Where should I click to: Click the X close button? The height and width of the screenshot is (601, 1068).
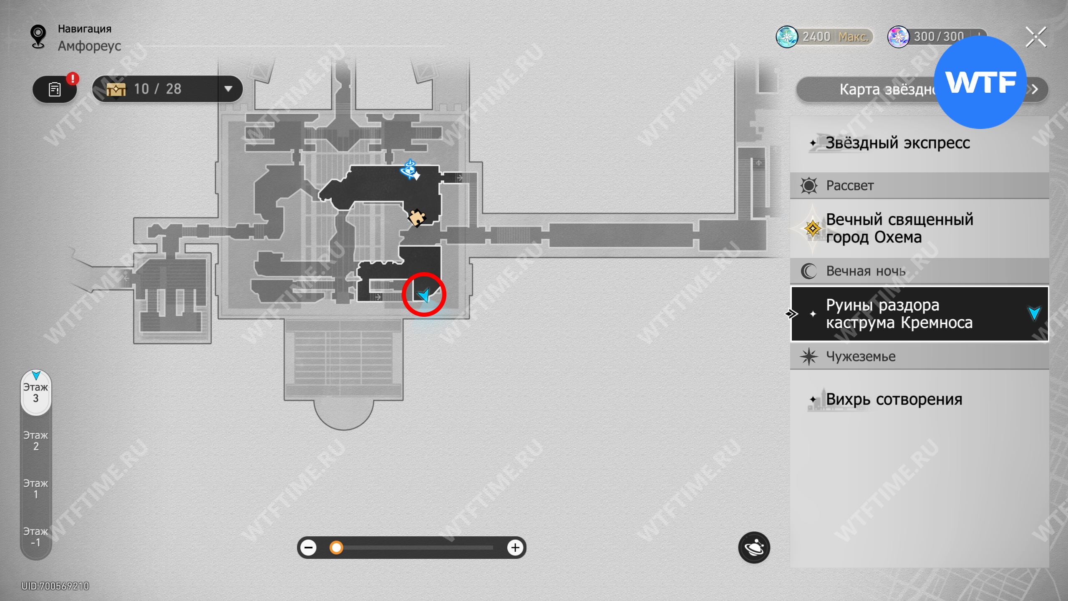pyautogui.click(x=1036, y=37)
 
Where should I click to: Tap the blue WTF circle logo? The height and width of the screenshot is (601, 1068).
pyautogui.click(x=980, y=82)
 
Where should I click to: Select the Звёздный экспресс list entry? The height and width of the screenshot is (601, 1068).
pyautogui.click(x=897, y=143)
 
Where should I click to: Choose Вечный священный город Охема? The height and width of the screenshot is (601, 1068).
pyautogui.click(x=899, y=228)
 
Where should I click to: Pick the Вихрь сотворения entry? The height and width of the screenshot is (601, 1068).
pyautogui.click(x=894, y=399)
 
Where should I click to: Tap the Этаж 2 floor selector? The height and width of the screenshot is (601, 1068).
pyautogui.click(x=36, y=441)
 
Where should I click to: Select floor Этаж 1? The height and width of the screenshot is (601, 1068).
pyautogui.click(x=36, y=489)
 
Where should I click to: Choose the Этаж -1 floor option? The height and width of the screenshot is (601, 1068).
pyautogui.click(x=36, y=537)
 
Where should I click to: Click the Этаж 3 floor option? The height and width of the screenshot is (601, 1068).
pyautogui.click(x=36, y=393)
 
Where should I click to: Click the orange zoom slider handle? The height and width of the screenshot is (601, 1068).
pyautogui.click(x=336, y=548)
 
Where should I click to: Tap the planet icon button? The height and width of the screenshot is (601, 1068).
pyautogui.click(x=754, y=548)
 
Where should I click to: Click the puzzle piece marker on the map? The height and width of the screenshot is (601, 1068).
pyautogui.click(x=416, y=217)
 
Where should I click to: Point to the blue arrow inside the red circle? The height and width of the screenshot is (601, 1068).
pyautogui.click(x=424, y=295)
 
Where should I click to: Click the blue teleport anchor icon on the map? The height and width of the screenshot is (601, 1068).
pyautogui.click(x=409, y=169)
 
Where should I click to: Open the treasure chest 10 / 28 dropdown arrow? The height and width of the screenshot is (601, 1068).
pyautogui.click(x=228, y=89)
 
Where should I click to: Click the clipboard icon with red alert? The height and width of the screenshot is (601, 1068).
pyautogui.click(x=55, y=89)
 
